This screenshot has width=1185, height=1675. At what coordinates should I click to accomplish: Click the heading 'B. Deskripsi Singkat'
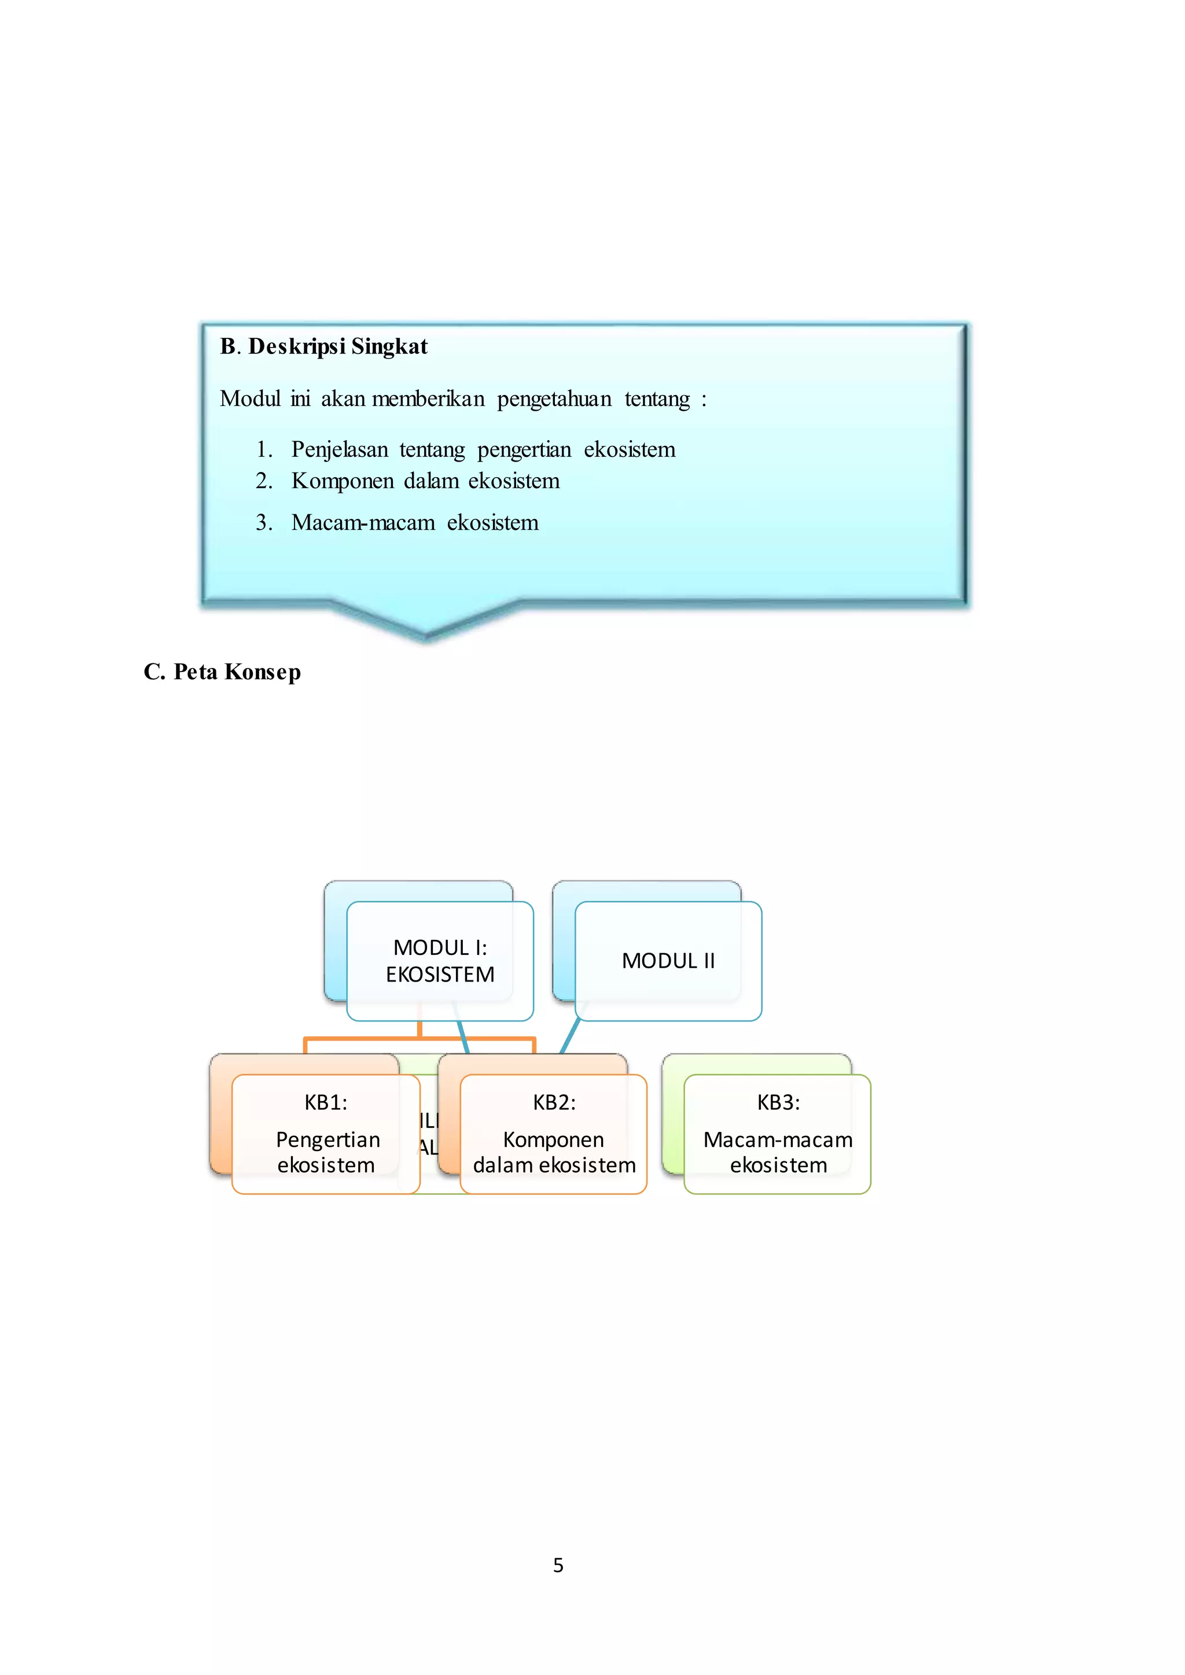(x=323, y=346)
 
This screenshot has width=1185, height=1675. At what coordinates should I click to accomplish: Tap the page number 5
(x=558, y=1565)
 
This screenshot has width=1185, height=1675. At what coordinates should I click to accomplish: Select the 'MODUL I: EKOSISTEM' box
(x=440, y=960)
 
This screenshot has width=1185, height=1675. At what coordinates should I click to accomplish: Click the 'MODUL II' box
(x=668, y=960)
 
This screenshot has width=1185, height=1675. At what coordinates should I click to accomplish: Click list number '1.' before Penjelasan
(x=264, y=449)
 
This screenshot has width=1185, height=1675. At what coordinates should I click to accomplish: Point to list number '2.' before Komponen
(x=264, y=481)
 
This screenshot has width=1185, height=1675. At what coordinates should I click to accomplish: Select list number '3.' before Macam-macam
(x=264, y=522)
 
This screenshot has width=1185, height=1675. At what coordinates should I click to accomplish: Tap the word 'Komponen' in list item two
(x=341, y=481)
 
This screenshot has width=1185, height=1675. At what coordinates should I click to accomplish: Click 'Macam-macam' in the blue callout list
(x=363, y=522)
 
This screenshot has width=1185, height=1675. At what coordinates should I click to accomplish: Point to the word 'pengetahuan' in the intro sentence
(x=554, y=399)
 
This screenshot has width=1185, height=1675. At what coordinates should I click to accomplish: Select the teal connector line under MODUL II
(x=570, y=1036)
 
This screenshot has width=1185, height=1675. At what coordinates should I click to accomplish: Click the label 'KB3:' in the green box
(x=778, y=1102)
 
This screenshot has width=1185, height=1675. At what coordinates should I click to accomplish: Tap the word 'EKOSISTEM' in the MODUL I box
(x=440, y=974)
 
